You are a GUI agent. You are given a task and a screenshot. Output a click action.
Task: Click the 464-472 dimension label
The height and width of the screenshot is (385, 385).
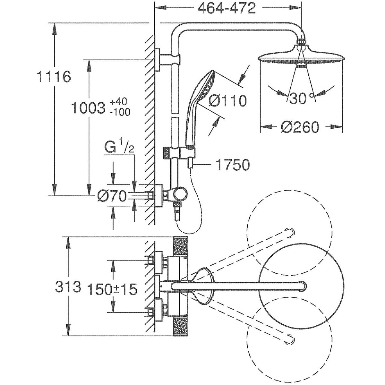coord(227,9)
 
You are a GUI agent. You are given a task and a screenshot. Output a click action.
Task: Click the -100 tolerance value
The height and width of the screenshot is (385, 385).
coord(119,112)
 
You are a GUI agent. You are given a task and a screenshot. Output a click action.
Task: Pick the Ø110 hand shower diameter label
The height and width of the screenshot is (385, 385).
coord(227,101)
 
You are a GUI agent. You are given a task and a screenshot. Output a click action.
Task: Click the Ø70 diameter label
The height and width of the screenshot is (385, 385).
coord(112,196)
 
